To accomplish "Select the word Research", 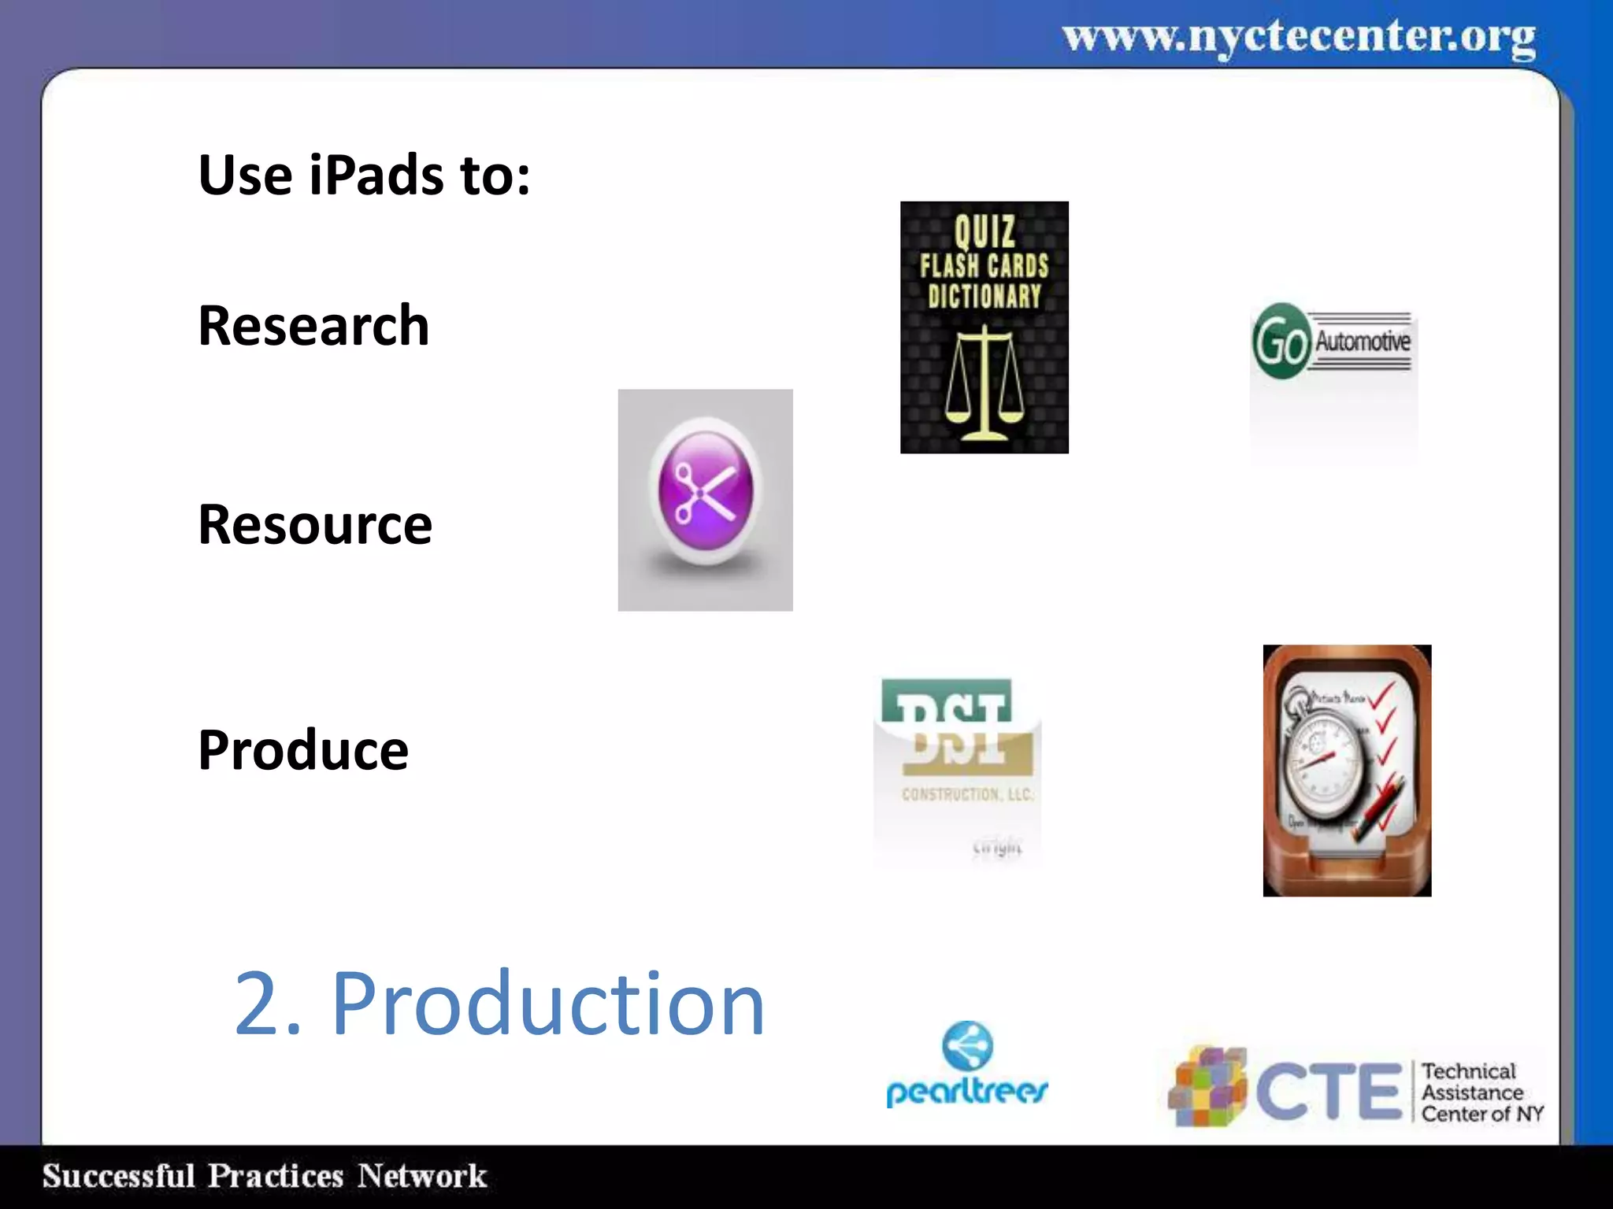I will pos(313,325).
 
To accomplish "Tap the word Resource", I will pos(315,524).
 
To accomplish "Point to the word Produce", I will pos(303,749).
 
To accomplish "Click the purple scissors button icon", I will pos(706,493).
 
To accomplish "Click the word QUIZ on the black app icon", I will pos(984,231).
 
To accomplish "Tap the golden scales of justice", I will pos(984,386).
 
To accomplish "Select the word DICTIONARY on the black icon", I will pos(984,297).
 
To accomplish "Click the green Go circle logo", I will pos(1281,342).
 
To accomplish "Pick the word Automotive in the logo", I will pos(1363,342).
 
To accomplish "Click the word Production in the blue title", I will pos(547,1004).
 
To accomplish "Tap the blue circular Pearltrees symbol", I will pos(967,1045).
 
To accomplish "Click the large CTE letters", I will pos(1329,1091).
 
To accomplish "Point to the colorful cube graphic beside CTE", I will pos(1207,1087).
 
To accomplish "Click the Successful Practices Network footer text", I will pos(265,1176).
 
